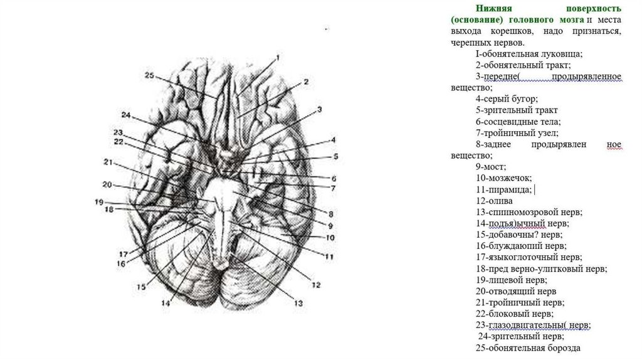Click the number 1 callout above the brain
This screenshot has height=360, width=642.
(277, 58)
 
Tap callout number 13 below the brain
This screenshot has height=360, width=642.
(298, 304)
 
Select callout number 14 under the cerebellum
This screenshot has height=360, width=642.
(165, 304)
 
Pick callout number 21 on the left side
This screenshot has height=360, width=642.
(107, 162)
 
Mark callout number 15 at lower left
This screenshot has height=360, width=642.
(141, 287)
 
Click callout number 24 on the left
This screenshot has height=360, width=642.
(126, 115)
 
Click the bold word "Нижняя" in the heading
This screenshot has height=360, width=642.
(494, 9)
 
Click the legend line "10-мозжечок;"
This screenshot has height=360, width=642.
(503, 178)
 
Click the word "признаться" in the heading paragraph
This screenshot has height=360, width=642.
(599, 31)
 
